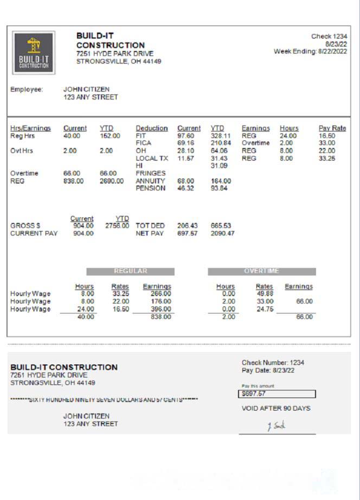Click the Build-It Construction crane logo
click(34, 53)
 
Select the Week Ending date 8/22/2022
click(332, 51)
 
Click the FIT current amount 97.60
click(185, 136)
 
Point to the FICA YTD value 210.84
click(220, 143)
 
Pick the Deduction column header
click(152, 128)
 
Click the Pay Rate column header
click(332, 128)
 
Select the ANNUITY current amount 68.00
click(185, 181)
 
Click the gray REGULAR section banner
click(130, 271)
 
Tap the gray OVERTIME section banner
click(261, 271)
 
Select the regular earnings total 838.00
click(161, 317)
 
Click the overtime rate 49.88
click(265, 293)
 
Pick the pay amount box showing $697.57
click(277, 394)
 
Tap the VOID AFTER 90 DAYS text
click(276, 408)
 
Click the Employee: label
click(27, 89)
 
